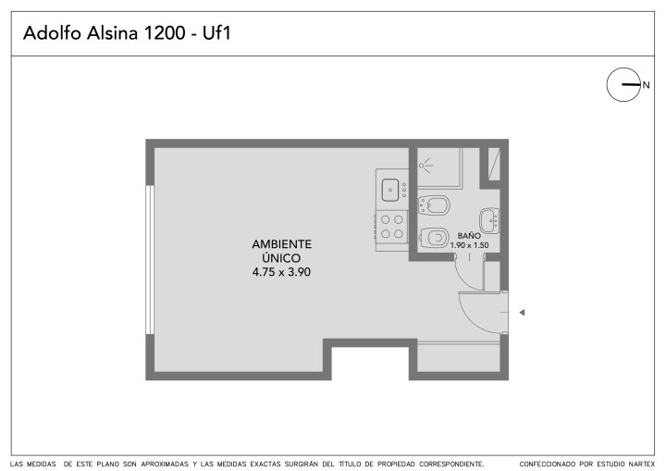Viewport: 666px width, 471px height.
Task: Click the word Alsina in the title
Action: (112, 33)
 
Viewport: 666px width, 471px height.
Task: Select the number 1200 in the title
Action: (165, 33)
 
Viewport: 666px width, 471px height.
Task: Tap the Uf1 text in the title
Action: (216, 33)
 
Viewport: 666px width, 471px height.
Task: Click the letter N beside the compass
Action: (646, 85)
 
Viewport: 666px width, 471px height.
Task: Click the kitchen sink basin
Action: (390, 190)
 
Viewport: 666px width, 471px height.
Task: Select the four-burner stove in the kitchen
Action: (391, 227)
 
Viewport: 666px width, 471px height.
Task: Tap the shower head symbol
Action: (425, 165)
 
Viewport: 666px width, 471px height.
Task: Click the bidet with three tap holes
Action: (434, 205)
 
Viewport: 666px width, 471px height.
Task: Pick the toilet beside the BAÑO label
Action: (434, 237)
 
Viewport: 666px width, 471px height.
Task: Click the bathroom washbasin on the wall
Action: (489, 220)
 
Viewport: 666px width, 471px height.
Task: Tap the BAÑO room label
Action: (469, 235)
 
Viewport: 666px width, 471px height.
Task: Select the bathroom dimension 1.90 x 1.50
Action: (469, 245)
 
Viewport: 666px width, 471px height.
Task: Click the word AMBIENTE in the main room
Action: (281, 244)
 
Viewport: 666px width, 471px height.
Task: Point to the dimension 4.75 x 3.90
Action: (281, 272)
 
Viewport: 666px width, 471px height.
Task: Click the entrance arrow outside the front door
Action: (522, 313)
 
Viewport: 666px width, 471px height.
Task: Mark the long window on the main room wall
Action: (150, 260)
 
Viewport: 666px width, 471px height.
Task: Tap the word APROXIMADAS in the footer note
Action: (165, 464)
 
